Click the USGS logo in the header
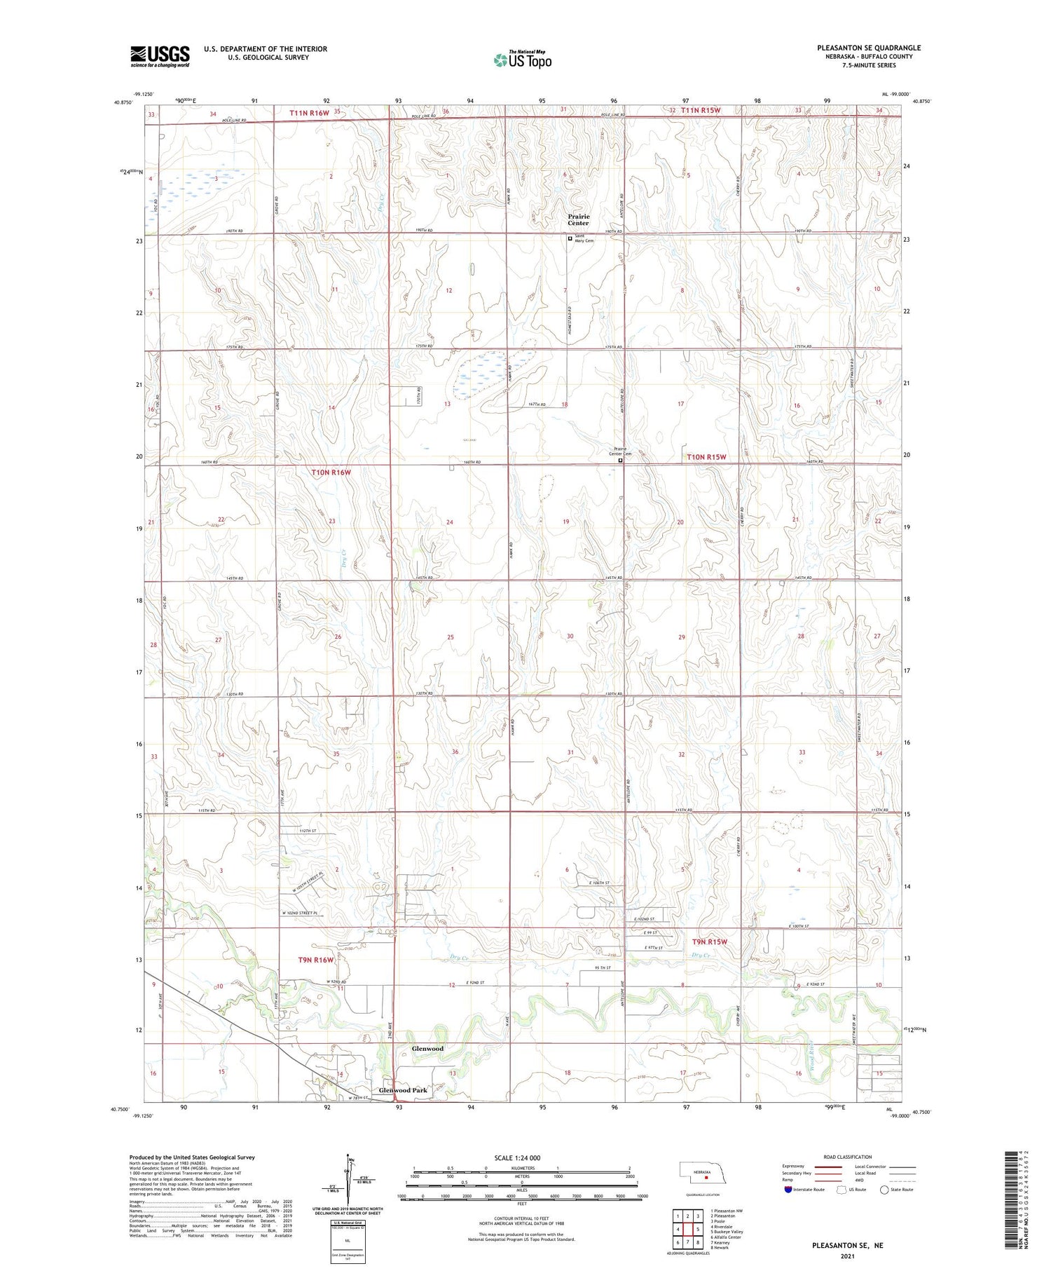pyautogui.click(x=160, y=56)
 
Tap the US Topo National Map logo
pyautogui.click(x=522, y=60)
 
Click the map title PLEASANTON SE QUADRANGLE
pyautogui.click(x=868, y=48)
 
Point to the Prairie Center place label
pyautogui.click(x=578, y=219)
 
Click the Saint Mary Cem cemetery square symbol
pyautogui.click(x=570, y=238)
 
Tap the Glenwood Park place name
pyautogui.click(x=403, y=1091)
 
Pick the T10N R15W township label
pyautogui.click(x=706, y=457)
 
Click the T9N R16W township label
pyautogui.click(x=316, y=960)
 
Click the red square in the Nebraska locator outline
pyautogui.click(x=697, y=1178)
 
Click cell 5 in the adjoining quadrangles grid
pyautogui.click(x=698, y=1229)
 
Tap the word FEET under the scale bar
pyautogui.click(x=521, y=1203)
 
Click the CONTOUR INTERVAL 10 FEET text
pyautogui.click(x=521, y=1219)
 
